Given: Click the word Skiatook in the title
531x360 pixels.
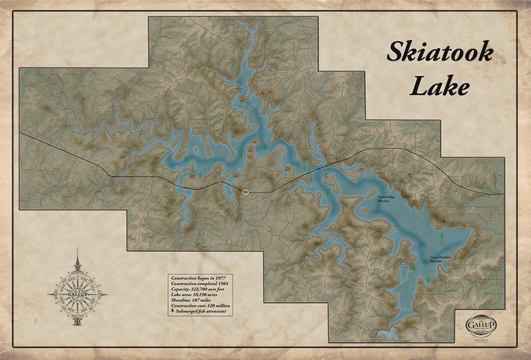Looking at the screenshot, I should tap(439, 52).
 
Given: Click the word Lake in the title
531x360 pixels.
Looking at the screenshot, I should tap(439, 87).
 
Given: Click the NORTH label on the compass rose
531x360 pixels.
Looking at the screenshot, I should tap(77, 273).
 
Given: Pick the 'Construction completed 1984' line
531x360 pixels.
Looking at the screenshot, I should tap(200, 283).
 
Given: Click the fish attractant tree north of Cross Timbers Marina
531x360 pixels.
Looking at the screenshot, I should tap(442, 236).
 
